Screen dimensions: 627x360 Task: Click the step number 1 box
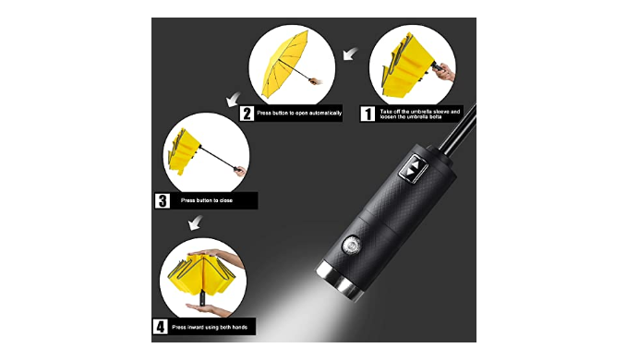368,114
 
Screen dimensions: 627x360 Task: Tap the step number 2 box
247,114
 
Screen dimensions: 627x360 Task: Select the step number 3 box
163,200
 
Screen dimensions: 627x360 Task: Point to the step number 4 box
160,327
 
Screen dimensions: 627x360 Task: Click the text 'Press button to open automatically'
299,113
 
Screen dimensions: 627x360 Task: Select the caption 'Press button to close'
206,200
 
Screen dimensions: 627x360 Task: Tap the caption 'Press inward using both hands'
210,327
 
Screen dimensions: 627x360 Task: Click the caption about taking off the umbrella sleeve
420,114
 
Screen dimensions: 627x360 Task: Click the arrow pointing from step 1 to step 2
351,54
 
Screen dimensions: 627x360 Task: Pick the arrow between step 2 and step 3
234,99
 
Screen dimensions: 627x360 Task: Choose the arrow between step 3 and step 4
196,222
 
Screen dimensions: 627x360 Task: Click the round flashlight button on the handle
352,245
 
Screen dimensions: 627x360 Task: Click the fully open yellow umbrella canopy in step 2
284,64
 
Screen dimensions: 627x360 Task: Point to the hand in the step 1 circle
445,73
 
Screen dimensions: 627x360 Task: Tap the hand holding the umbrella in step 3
240,171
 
